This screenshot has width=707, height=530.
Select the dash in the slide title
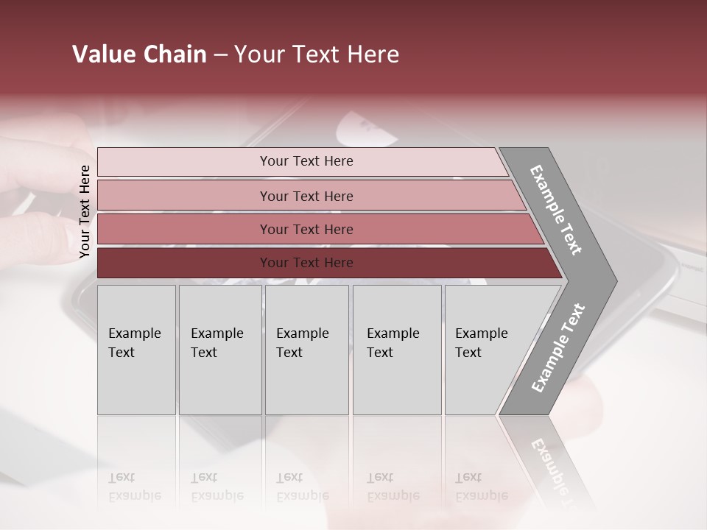click(x=220, y=55)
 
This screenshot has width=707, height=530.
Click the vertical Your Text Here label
click(x=85, y=211)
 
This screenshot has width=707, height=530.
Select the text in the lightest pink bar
click(x=306, y=161)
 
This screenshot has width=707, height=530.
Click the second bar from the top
click(x=306, y=196)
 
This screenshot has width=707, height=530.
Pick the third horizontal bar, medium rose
click(x=306, y=230)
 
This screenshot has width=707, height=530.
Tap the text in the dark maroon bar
click(x=306, y=263)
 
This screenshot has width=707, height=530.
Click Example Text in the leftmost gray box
click(x=134, y=343)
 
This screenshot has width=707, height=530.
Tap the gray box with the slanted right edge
click(x=486, y=350)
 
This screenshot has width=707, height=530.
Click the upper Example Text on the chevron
click(x=556, y=210)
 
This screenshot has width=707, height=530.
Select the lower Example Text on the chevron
click(x=557, y=347)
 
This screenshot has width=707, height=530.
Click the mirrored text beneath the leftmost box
click(x=134, y=487)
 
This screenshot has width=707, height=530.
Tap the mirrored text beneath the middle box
click(x=302, y=487)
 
